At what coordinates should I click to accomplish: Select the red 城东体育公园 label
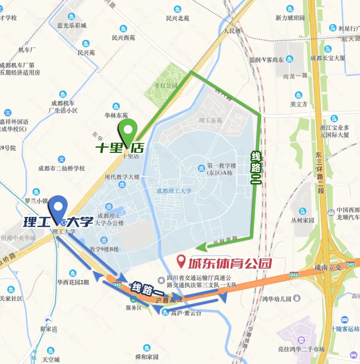(x=230, y=264)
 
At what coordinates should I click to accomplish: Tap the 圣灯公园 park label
(x=166, y=86)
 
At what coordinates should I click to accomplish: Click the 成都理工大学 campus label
(x=174, y=191)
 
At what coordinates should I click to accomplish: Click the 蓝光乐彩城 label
(x=72, y=26)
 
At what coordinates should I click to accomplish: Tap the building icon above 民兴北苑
(x=178, y=9)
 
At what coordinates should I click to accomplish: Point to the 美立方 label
(x=299, y=104)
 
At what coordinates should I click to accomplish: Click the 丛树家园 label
(x=303, y=220)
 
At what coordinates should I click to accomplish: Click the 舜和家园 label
(x=147, y=357)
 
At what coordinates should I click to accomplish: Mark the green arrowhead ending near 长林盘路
(x=201, y=247)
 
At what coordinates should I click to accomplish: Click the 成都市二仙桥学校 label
(x=62, y=168)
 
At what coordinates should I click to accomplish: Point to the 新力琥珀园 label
(x=290, y=18)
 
